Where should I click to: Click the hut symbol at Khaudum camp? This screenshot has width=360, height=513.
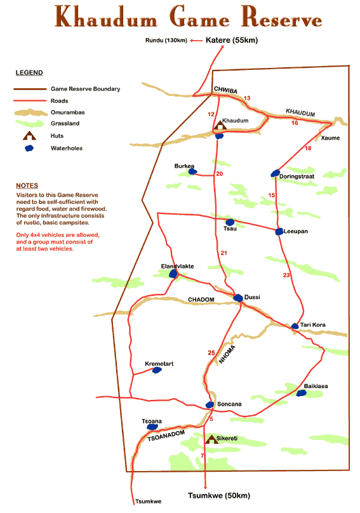[x=220, y=125]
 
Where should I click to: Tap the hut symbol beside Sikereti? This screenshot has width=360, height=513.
[x=211, y=439]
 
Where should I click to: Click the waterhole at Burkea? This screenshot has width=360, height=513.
[x=193, y=171]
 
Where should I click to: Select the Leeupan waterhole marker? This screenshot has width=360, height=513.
[x=279, y=232]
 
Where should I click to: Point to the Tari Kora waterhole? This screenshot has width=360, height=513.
[x=295, y=326]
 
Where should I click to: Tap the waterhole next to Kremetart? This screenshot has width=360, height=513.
[x=157, y=370]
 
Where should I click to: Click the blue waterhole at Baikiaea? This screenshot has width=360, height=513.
[x=301, y=393]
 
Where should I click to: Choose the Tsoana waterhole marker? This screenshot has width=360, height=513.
[x=152, y=427]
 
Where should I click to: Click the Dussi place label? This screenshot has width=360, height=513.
[x=252, y=296]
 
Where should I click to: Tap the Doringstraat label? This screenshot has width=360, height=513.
[x=297, y=177]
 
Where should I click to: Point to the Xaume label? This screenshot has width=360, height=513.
[x=330, y=138]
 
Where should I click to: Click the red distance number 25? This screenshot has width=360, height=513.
[x=211, y=353]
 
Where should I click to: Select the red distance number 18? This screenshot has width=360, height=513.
[x=308, y=148]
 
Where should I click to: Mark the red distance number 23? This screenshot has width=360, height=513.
[x=286, y=275]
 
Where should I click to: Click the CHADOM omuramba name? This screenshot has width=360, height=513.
[x=201, y=300]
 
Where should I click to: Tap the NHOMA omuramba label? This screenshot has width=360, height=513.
[x=227, y=354]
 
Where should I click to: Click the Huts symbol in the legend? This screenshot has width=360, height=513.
[x=29, y=135]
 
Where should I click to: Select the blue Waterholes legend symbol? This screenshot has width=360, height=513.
[x=29, y=148]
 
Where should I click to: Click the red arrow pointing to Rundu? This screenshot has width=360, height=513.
[x=196, y=41]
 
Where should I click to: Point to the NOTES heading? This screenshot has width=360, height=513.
[x=27, y=185]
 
